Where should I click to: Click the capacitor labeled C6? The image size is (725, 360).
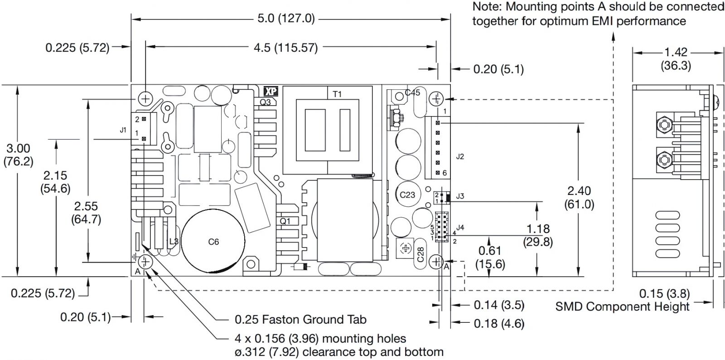213,242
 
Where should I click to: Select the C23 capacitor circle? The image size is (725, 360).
407,195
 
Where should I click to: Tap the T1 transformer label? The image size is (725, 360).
337,94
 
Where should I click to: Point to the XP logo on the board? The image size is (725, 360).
271,91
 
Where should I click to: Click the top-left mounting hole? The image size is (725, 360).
146,97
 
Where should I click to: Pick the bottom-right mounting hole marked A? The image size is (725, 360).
436,261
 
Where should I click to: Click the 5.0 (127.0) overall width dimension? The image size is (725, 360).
285,19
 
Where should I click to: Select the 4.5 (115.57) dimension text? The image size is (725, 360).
285,47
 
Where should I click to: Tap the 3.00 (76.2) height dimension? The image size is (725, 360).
18,155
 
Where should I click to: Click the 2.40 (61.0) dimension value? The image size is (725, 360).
579,197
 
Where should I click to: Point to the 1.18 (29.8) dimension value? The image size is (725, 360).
538,235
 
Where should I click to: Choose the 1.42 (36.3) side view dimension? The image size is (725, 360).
675,59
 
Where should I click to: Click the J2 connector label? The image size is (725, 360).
460,157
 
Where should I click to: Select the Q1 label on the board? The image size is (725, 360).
285,221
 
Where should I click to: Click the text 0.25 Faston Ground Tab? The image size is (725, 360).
300,320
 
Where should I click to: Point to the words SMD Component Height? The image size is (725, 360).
622,307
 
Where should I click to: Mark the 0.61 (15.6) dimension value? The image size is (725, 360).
491,257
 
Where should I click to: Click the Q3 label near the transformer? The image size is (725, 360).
265,102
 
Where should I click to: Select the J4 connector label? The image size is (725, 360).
460,227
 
